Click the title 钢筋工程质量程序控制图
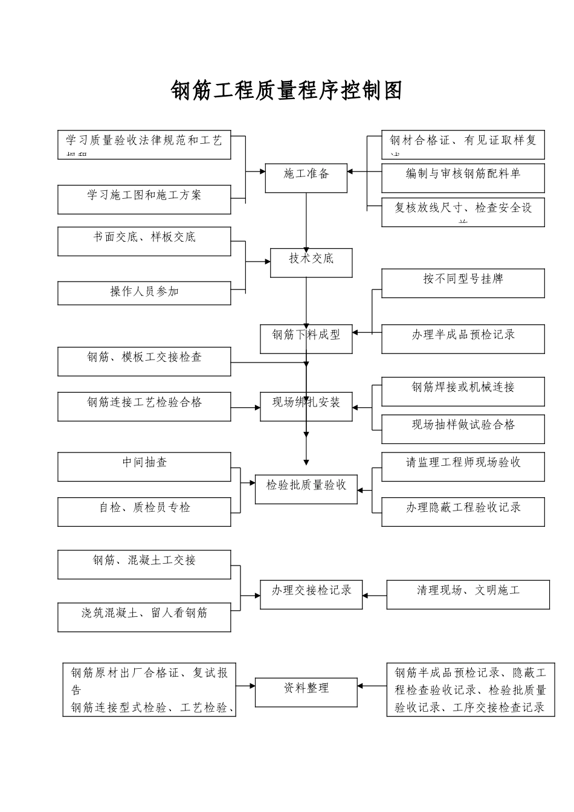(x=286, y=91)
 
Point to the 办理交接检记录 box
(x=311, y=594)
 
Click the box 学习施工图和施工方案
(x=144, y=199)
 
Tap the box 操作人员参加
(x=144, y=293)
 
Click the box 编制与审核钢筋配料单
(x=463, y=178)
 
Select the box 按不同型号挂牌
(x=463, y=283)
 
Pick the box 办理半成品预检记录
(x=463, y=338)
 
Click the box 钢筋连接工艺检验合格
(x=144, y=406)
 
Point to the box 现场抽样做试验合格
(x=463, y=428)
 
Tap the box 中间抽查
(x=144, y=466)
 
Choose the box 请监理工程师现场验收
(x=463, y=466)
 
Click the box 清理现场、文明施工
(x=468, y=594)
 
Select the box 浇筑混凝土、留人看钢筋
(x=144, y=616)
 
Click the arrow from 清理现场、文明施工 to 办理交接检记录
(x=375, y=596)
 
